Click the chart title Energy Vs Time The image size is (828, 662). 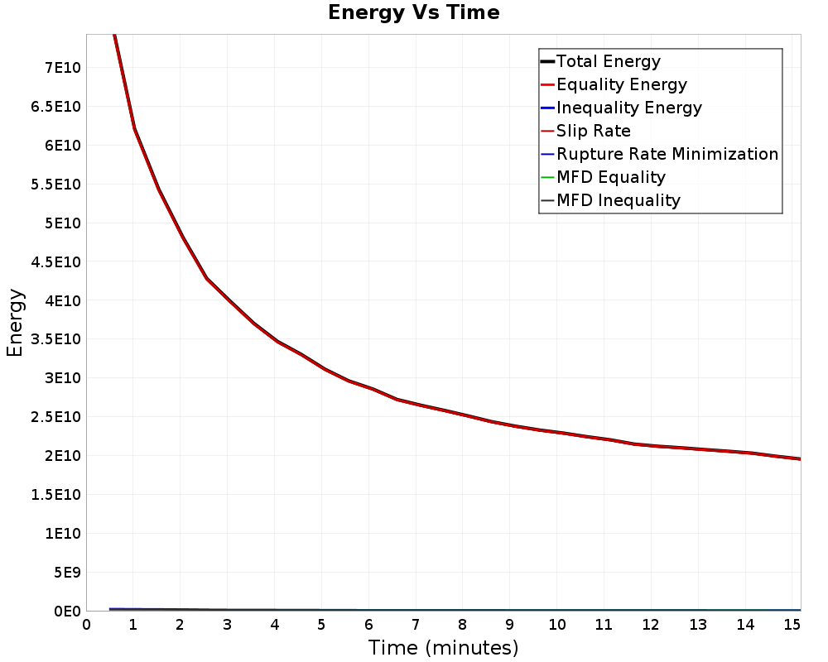[413, 12]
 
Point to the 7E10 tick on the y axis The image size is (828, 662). [63, 68]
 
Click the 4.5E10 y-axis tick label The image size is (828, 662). [56, 261]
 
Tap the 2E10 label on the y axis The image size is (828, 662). [63, 456]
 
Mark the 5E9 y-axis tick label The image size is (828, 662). [67, 573]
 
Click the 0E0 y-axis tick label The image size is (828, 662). [67, 612]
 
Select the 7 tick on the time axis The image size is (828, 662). [416, 625]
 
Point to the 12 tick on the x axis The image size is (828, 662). [651, 625]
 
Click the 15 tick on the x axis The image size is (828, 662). [792, 625]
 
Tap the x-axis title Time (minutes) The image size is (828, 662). [443, 648]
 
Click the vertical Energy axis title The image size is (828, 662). [15, 323]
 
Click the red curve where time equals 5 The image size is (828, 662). [321, 367]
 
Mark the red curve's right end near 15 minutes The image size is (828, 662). [801, 459]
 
